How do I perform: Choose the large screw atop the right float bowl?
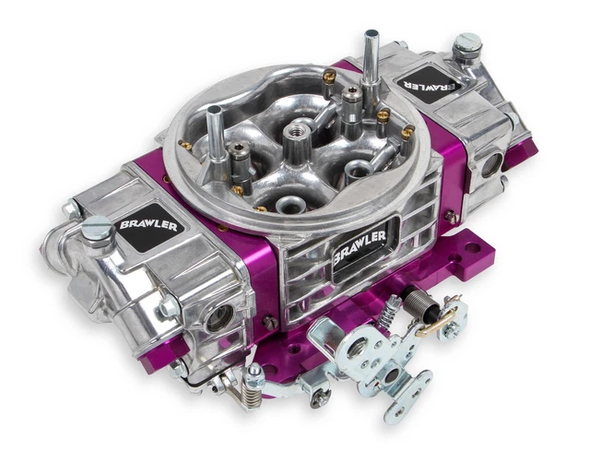pos(467,43)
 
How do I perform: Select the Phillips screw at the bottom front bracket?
pos(320,397)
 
